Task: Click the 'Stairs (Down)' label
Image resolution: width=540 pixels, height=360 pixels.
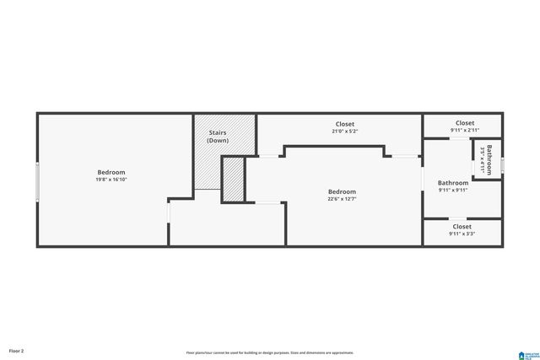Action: pyautogui.click(x=219, y=137)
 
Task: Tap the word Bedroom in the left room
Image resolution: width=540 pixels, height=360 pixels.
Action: pyautogui.click(x=111, y=172)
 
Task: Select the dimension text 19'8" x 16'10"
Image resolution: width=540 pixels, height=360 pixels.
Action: pyautogui.click(x=111, y=180)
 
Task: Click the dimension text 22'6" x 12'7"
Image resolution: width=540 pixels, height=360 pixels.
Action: pyautogui.click(x=342, y=199)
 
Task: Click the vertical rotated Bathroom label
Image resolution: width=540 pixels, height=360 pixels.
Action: pyautogui.click(x=489, y=158)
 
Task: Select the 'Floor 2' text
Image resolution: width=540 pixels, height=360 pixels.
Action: pyautogui.click(x=17, y=349)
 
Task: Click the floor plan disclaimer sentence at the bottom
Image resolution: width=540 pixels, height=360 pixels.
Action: pyautogui.click(x=270, y=352)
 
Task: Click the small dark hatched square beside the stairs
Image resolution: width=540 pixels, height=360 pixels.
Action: pyautogui.click(x=233, y=180)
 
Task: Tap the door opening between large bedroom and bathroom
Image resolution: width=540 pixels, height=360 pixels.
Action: pyautogui.click(x=423, y=180)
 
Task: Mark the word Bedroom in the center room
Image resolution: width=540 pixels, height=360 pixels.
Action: pyautogui.click(x=342, y=191)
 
